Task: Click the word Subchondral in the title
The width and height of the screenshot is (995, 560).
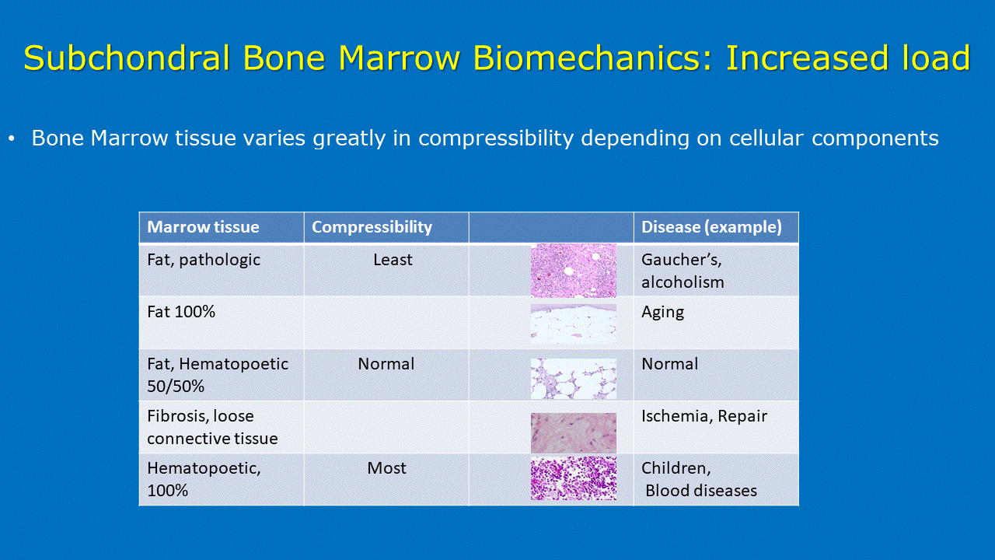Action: (x=127, y=58)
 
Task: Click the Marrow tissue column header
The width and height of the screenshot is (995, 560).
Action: (x=203, y=227)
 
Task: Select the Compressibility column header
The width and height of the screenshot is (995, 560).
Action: (x=372, y=228)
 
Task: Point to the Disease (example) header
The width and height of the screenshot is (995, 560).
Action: (x=711, y=227)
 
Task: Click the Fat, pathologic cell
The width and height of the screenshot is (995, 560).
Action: (x=204, y=260)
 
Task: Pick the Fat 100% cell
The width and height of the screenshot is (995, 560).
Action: (x=181, y=312)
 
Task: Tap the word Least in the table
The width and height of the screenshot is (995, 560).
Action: (x=393, y=260)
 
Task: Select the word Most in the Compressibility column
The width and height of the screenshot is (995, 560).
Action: (x=386, y=468)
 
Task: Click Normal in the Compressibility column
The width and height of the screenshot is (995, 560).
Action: (x=386, y=364)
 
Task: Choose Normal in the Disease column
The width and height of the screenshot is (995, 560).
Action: (x=670, y=364)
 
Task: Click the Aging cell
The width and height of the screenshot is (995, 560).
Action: (x=662, y=313)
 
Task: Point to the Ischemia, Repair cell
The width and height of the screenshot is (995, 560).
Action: (x=704, y=416)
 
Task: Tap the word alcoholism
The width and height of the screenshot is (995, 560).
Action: (x=683, y=282)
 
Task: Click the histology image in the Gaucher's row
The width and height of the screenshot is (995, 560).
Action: (x=574, y=271)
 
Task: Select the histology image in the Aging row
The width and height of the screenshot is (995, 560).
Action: (x=574, y=324)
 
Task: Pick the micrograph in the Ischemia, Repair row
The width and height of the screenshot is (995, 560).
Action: (x=574, y=433)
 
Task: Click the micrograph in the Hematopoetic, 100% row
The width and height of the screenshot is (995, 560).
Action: (x=574, y=478)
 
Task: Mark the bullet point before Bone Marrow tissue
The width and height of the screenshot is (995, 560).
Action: (x=12, y=139)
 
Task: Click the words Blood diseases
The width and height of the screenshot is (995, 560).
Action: (x=701, y=491)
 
